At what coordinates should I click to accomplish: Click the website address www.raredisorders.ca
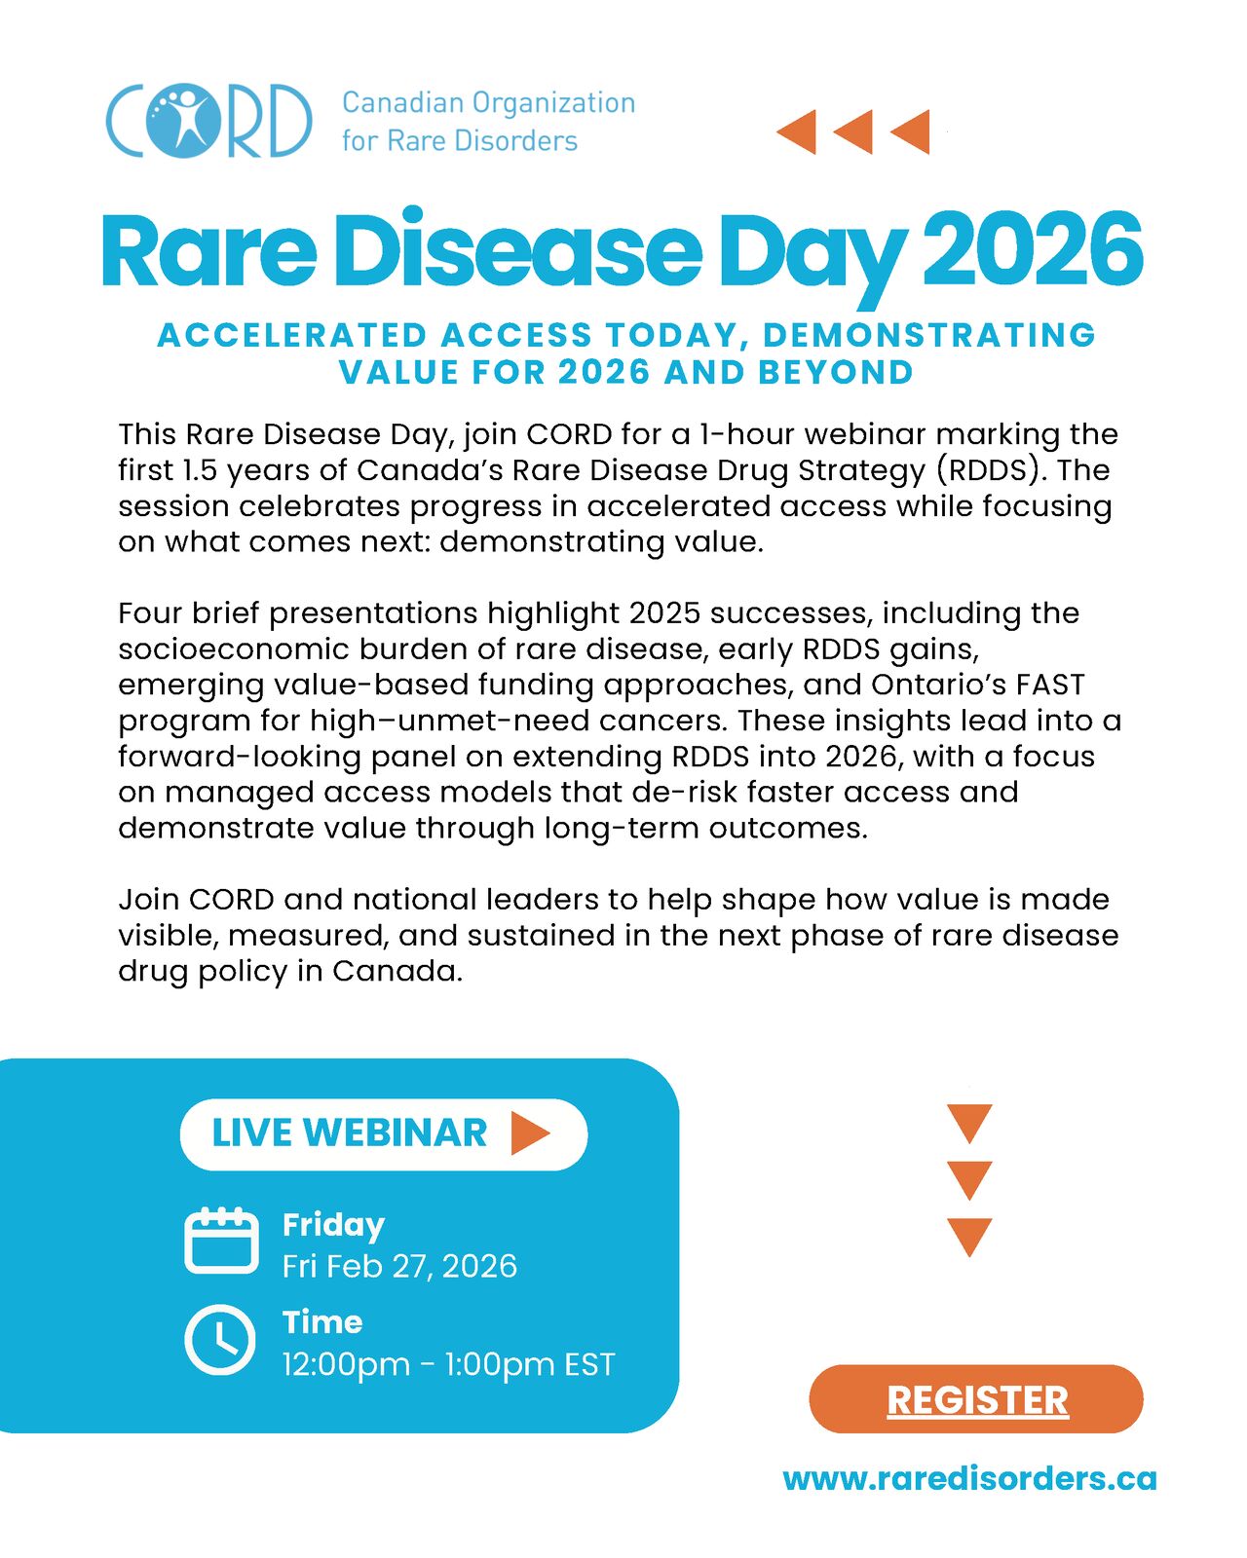tap(969, 1479)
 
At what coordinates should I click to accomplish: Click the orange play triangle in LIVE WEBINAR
tap(529, 1133)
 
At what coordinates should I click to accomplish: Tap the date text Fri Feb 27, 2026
tap(399, 1266)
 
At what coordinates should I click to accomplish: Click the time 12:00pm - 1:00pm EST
tap(448, 1364)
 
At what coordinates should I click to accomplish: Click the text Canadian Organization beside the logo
tap(488, 103)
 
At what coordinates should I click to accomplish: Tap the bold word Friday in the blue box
tap(333, 1225)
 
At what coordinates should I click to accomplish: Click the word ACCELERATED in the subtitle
tap(292, 335)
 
